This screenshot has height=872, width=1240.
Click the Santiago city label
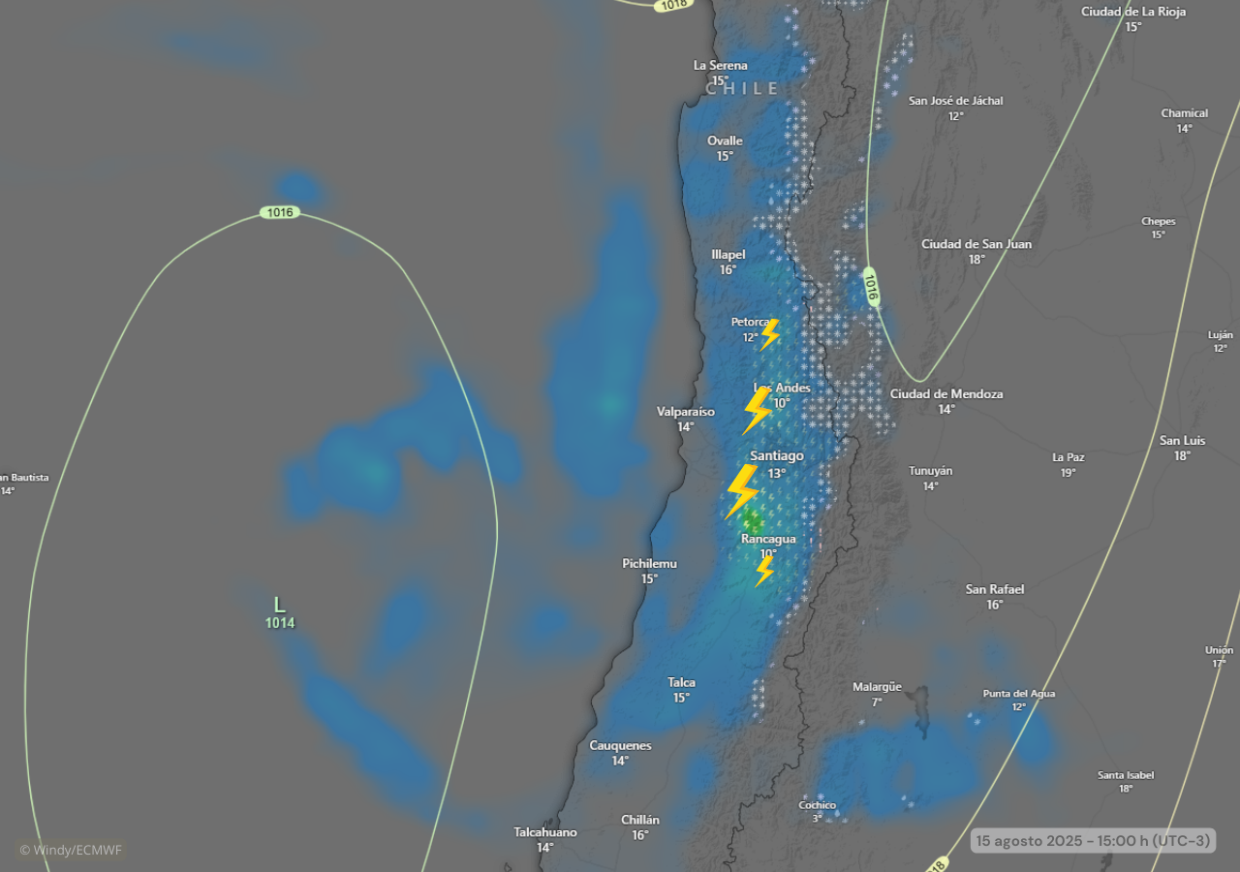click(x=776, y=455)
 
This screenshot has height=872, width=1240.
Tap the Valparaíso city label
click(x=685, y=412)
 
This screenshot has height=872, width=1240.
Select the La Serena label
click(x=720, y=66)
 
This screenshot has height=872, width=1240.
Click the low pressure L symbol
click(x=279, y=606)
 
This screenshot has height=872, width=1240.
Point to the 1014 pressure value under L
click(x=280, y=623)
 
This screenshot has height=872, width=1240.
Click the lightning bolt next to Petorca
click(x=769, y=334)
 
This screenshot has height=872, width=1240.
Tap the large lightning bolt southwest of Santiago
click(x=742, y=490)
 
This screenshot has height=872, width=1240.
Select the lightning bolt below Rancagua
click(x=764, y=570)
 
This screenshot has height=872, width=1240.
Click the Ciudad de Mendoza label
click(x=945, y=394)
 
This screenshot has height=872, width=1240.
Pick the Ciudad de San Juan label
click(x=976, y=244)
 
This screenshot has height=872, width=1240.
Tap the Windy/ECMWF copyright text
click(x=72, y=850)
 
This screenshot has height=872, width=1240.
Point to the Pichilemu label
click(x=649, y=564)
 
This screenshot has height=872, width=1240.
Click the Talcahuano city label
click(x=544, y=832)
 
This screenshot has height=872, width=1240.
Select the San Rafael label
click(x=994, y=589)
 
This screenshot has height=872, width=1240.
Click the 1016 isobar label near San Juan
click(x=871, y=287)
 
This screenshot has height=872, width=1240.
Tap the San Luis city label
click(x=1182, y=441)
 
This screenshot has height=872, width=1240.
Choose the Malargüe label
click(x=877, y=687)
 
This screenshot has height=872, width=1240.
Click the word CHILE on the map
click(x=743, y=88)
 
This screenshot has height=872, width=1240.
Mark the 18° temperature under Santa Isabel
click(x=1126, y=789)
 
